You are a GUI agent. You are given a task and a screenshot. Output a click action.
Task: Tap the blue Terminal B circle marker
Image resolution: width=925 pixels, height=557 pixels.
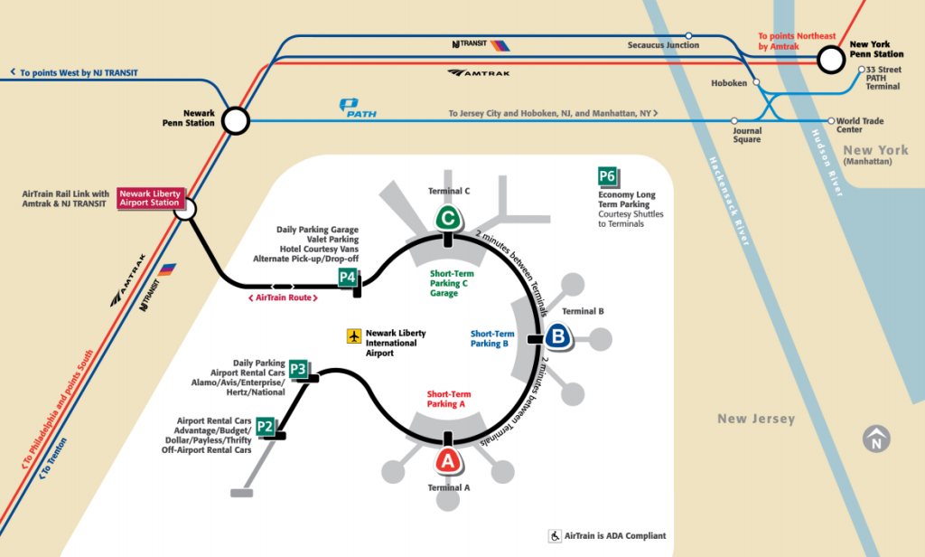[x=558, y=337]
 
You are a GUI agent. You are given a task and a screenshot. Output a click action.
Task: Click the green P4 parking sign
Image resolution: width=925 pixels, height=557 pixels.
[x=348, y=278]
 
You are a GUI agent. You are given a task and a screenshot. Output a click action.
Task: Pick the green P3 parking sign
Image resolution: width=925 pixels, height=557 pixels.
[x=298, y=369]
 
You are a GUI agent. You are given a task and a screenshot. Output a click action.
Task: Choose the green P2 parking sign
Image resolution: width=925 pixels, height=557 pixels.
[x=265, y=426]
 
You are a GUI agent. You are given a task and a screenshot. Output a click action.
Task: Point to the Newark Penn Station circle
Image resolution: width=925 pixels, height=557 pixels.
[x=236, y=120]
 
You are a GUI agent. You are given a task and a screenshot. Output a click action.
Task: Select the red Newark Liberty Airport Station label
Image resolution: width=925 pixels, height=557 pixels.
[x=150, y=198]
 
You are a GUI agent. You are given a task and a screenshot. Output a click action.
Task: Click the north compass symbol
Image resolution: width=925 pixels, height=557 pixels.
[x=875, y=439]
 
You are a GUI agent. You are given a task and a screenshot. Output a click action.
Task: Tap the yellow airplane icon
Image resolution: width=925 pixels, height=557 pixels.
[x=354, y=336]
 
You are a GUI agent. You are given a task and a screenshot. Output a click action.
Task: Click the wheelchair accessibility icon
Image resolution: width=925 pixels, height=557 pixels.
[x=555, y=536]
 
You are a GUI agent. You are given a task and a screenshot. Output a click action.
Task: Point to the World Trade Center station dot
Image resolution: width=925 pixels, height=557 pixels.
[x=831, y=120]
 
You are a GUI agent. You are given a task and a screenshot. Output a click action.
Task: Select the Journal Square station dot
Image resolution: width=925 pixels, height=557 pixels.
[x=735, y=120]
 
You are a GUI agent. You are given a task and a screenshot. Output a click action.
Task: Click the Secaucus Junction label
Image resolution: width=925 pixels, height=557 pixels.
[x=664, y=44]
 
